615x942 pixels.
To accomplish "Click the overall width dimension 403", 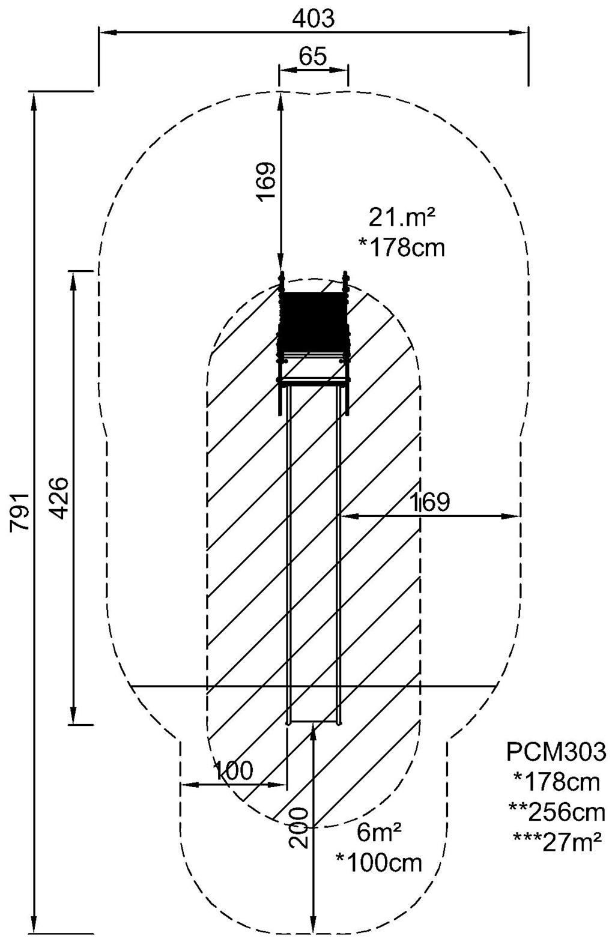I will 313,19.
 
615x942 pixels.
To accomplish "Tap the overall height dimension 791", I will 20,512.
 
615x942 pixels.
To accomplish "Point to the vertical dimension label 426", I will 59,498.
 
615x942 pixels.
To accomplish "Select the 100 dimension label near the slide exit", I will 234,770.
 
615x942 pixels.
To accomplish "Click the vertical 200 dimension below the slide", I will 298,827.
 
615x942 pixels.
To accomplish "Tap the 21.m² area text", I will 402,217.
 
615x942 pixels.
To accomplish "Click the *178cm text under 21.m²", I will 401,247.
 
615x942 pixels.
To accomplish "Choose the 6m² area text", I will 379,833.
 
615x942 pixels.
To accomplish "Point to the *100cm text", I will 378,863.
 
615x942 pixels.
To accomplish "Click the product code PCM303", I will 556,751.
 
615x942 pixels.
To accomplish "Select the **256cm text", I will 556,812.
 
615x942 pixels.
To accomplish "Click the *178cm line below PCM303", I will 556,782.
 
